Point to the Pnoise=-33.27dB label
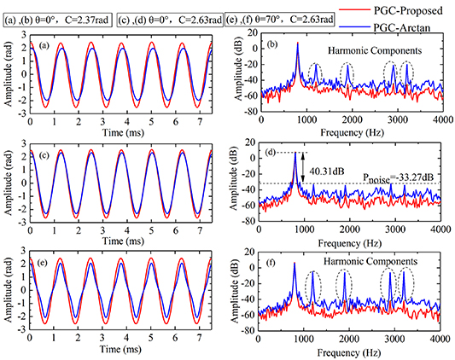(x=388, y=176)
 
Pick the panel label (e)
(x=41, y=257)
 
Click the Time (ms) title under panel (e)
(x=121, y=349)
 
